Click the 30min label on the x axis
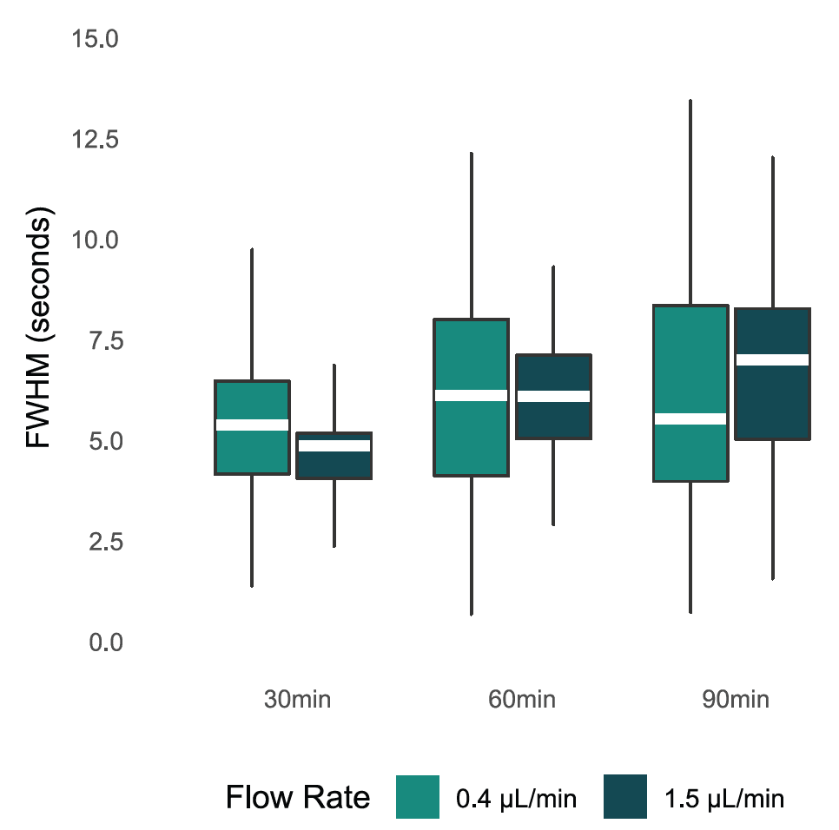[x=297, y=700]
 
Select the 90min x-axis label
[x=735, y=700]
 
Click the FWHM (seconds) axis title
[x=40, y=328]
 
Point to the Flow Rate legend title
[x=297, y=797]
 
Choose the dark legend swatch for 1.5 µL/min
[x=626, y=797]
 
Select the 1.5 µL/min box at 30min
[x=334, y=464]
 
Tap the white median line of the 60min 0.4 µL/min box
[x=471, y=395]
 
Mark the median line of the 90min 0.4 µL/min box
[x=690, y=418]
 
